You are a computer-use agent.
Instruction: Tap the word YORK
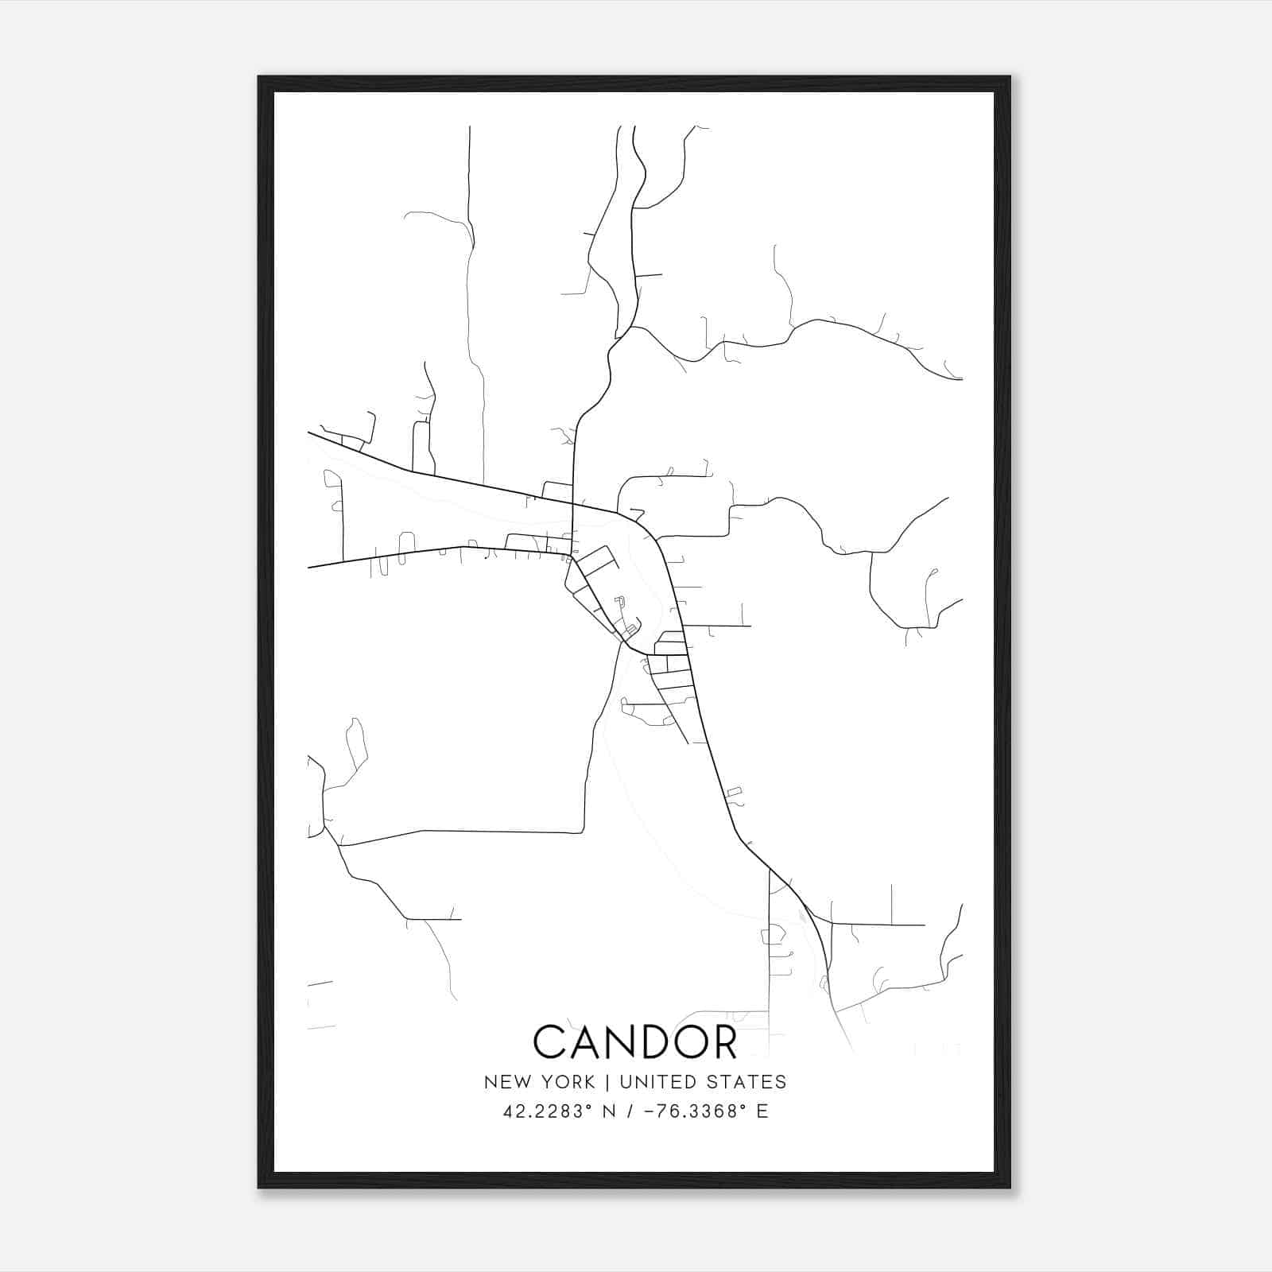coord(565,1082)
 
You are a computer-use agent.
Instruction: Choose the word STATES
coord(752,1082)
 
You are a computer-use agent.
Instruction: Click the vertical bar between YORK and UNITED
coord(608,1082)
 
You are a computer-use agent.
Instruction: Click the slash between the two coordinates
coord(630,1111)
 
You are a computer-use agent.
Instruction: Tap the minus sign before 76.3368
coord(649,1111)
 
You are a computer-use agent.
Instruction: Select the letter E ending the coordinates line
coord(763,1111)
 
